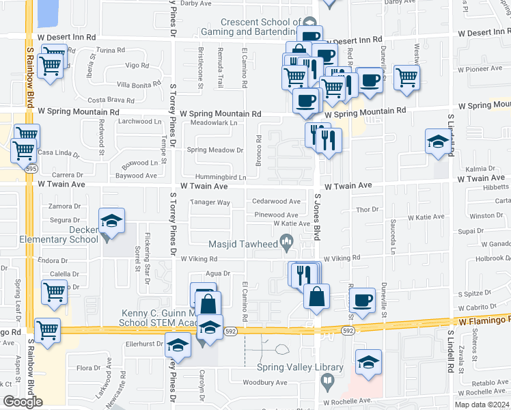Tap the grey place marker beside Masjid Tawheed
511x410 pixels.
point(287,241)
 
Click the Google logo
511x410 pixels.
point(23,402)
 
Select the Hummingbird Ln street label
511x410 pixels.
point(219,177)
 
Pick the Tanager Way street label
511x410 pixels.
point(210,203)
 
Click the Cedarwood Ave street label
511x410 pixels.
point(276,202)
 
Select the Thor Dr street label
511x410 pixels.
point(368,209)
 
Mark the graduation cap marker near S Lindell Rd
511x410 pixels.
point(438,141)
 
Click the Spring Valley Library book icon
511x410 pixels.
point(327,381)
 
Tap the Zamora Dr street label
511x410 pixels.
point(65,206)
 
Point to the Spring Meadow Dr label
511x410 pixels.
point(215,150)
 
